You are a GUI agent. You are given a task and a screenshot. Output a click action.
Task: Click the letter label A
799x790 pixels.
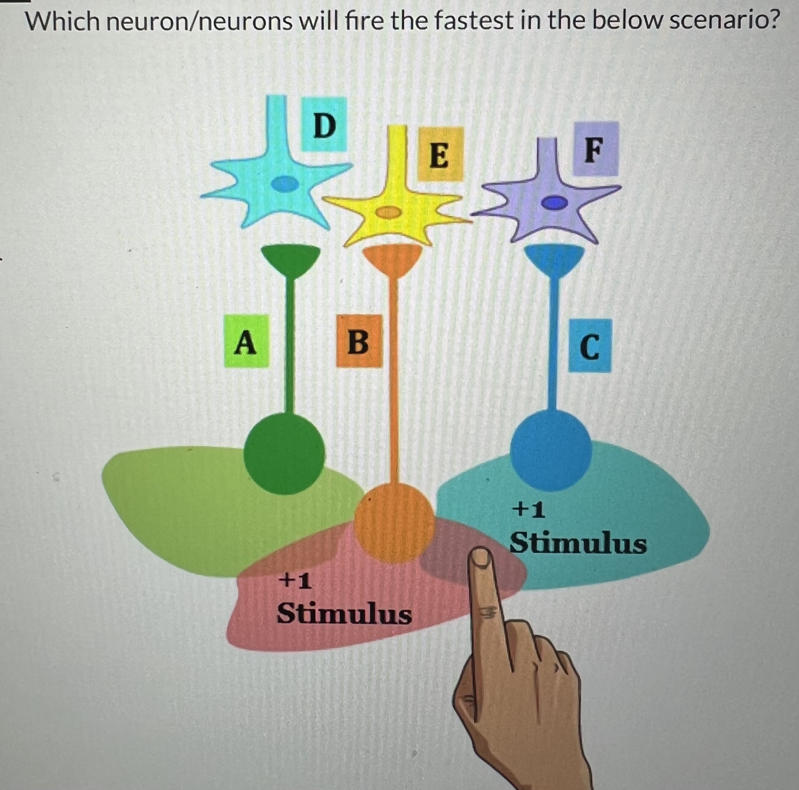click(246, 341)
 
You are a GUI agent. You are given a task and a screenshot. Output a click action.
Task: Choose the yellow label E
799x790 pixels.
click(440, 154)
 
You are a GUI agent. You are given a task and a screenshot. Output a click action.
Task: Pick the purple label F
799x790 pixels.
click(595, 149)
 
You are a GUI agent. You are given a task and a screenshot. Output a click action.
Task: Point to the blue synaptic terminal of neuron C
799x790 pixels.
click(555, 258)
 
